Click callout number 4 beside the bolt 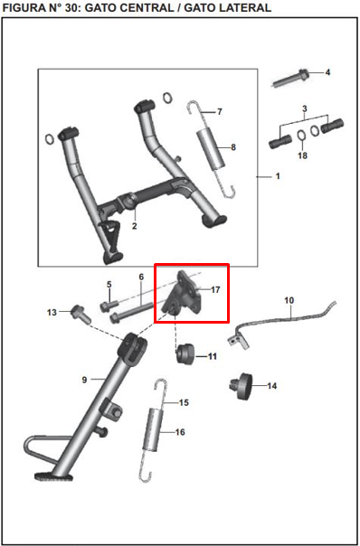[327, 71]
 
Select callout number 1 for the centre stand [278, 176]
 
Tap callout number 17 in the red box [215, 290]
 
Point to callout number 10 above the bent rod [289, 299]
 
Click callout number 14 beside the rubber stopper [272, 386]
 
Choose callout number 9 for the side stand [85, 381]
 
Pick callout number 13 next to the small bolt [52, 313]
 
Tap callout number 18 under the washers [302, 155]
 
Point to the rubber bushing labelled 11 [185, 352]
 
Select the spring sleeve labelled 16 [158, 430]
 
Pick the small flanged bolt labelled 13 [76, 315]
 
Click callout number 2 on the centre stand [134, 226]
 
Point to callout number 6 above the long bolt [141, 277]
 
